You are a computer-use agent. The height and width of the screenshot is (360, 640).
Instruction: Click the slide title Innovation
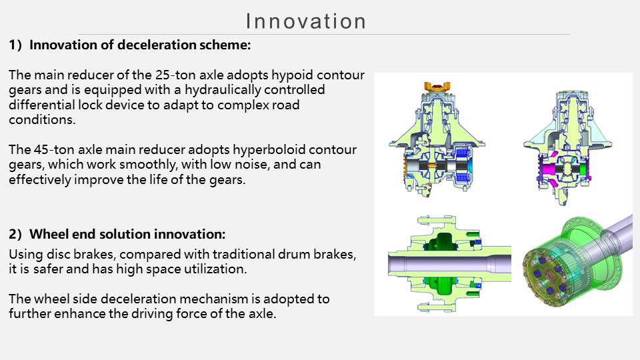click(x=306, y=21)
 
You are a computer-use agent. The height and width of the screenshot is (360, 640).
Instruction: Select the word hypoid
click(x=292, y=75)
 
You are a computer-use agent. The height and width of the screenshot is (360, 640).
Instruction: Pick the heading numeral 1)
click(x=15, y=45)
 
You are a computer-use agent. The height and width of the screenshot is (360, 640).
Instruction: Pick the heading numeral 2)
click(x=15, y=234)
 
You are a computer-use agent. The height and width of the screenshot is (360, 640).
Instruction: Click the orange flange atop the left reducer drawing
click(x=437, y=87)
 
